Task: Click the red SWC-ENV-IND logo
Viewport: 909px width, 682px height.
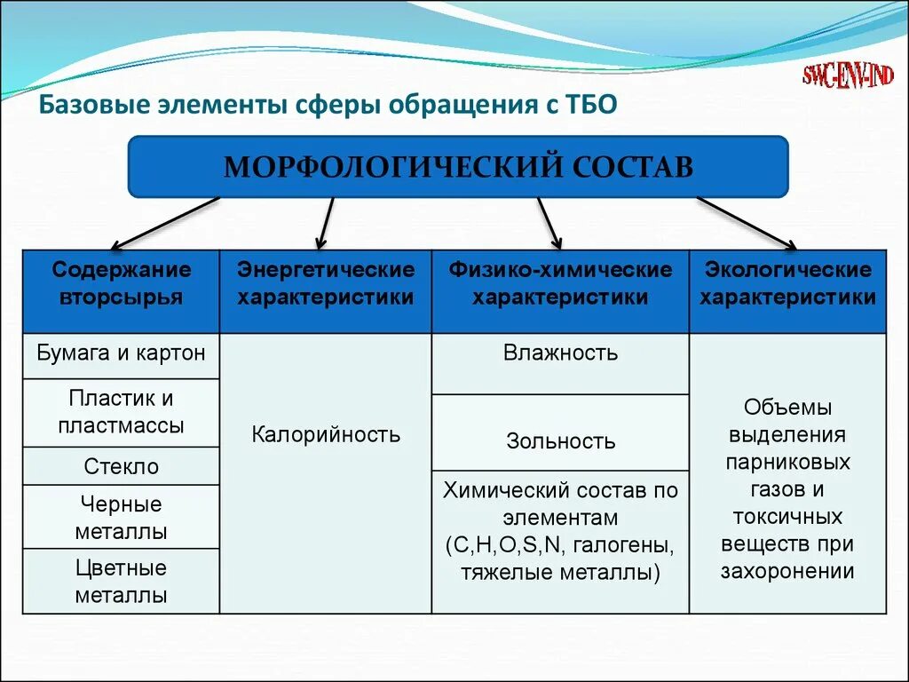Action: tap(848, 75)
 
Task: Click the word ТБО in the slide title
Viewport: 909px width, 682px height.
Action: tap(589, 106)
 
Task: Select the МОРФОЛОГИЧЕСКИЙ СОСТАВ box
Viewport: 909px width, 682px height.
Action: tap(458, 166)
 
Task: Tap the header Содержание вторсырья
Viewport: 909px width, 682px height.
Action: tap(122, 283)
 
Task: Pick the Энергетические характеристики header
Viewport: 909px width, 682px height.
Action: tap(326, 283)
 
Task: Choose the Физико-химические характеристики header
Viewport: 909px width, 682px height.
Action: tap(560, 283)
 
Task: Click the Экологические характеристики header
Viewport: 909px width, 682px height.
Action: tap(787, 283)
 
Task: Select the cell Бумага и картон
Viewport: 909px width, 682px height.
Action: tap(122, 353)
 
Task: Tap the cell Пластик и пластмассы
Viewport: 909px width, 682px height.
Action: tap(122, 412)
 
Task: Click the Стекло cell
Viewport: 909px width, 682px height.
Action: tap(122, 466)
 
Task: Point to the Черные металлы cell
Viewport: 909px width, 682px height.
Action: tap(122, 518)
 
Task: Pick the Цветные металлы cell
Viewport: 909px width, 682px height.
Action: tap(122, 582)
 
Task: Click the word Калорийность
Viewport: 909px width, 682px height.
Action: tap(326, 435)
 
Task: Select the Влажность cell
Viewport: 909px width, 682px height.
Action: tap(560, 353)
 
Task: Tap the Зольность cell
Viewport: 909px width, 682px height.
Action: tap(560, 440)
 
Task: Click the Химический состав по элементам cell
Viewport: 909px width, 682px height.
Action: tap(560, 531)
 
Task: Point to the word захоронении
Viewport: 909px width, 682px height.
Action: tap(787, 572)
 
